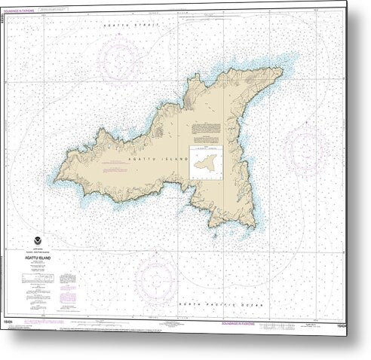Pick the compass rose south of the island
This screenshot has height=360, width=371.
156,276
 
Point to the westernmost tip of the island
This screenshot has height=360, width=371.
54,178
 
